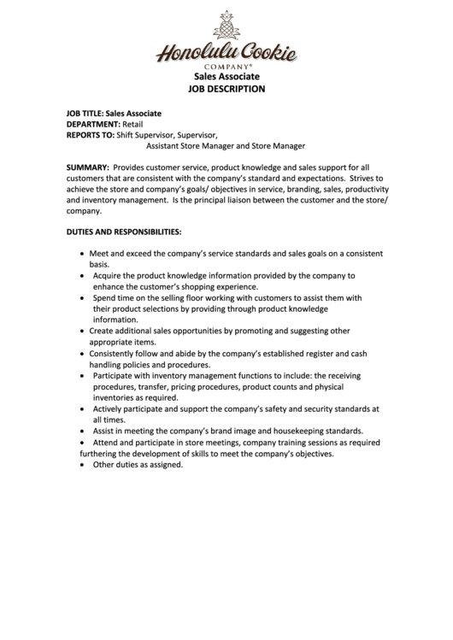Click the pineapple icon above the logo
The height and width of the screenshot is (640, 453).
226,26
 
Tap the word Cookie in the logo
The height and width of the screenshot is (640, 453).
263,54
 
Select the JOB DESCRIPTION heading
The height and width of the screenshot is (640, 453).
226,89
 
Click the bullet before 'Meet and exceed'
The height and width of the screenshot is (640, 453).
81,255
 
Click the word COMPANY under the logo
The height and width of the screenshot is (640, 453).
225,66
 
